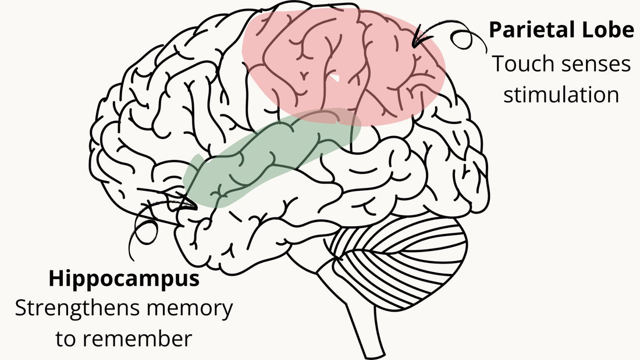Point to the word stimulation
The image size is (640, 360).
click(561, 95)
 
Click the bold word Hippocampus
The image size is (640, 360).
click(124, 279)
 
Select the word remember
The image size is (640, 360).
click(139, 339)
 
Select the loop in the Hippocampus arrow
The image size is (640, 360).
click(145, 232)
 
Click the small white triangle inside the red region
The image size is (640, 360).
click(335, 77)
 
